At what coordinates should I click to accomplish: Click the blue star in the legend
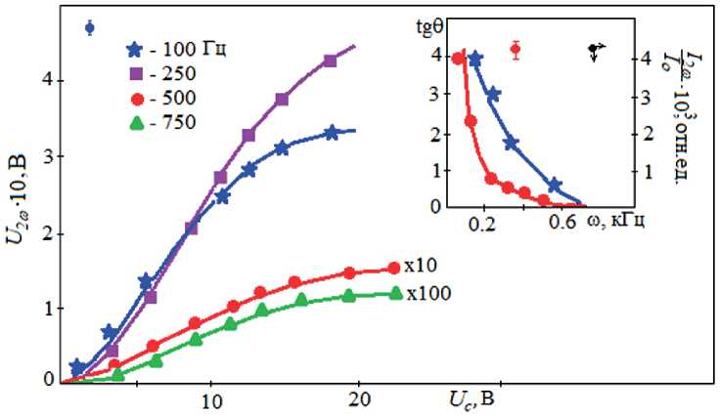click(x=136, y=49)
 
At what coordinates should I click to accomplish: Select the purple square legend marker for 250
click(x=136, y=73)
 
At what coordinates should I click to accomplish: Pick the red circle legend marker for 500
click(x=136, y=98)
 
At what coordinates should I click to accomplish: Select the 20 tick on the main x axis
click(x=359, y=402)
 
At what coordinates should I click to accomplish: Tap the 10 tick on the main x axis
click(x=209, y=402)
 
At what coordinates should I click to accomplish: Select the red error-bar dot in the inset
click(x=516, y=49)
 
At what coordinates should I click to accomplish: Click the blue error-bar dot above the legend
click(x=90, y=27)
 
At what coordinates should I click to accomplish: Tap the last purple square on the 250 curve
click(x=330, y=62)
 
